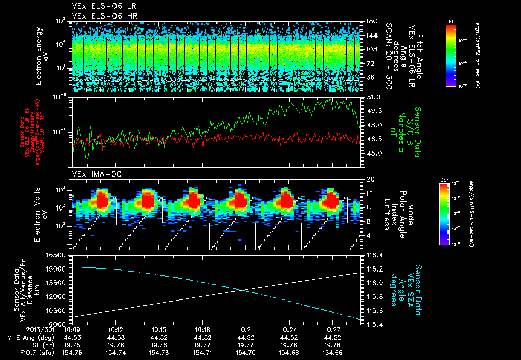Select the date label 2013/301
20,329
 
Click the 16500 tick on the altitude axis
56,255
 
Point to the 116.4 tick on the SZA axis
374,255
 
